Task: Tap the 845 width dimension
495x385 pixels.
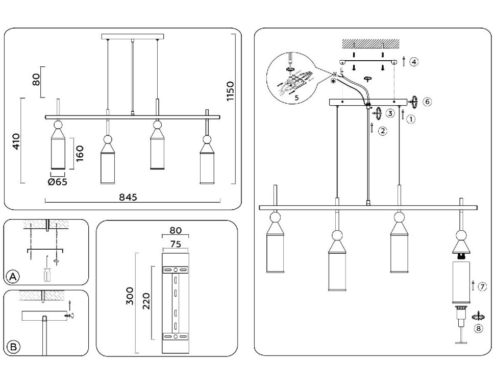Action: (x=128, y=198)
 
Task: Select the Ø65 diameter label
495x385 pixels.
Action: (x=58, y=181)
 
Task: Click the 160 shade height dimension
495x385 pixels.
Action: (x=80, y=153)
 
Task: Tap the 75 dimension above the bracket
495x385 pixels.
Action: (x=175, y=244)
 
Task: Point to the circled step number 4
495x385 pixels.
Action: (x=414, y=62)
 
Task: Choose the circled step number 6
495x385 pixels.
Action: (x=427, y=102)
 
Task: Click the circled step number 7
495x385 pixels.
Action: (x=482, y=287)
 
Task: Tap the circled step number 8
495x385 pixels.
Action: (x=478, y=328)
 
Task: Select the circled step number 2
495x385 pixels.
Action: (x=383, y=131)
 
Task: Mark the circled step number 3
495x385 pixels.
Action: (x=390, y=113)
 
